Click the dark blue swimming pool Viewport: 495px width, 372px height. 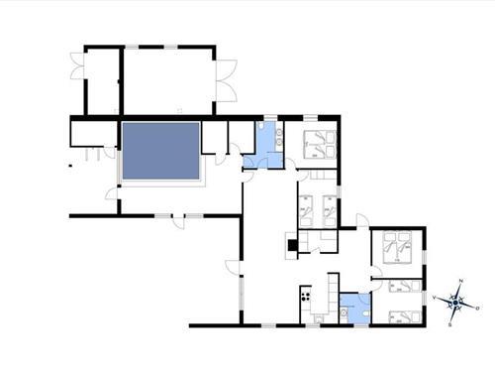(160, 151)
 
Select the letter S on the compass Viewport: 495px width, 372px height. (450, 323)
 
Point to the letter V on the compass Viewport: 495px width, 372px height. (436, 297)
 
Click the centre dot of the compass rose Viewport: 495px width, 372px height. (455, 303)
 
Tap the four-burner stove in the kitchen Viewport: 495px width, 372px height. (307, 295)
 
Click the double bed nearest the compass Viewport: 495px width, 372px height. (399, 245)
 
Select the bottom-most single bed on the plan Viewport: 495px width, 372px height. (400, 316)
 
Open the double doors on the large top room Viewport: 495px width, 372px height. (226, 80)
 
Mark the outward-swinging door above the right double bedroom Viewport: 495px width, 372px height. (362, 221)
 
